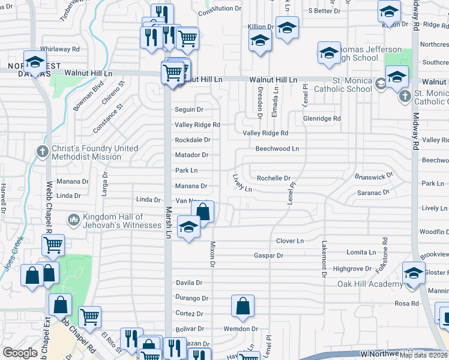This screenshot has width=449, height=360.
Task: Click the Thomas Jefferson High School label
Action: [367, 53]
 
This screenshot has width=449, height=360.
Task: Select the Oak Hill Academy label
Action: [370, 284]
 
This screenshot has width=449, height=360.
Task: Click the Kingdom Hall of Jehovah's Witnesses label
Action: [113, 221]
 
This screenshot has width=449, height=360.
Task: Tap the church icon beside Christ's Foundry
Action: [42, 151]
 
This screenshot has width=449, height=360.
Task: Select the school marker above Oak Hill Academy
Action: [414, 273]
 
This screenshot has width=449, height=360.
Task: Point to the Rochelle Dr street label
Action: [274, 178]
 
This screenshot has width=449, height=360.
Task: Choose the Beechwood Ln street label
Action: [277, 148]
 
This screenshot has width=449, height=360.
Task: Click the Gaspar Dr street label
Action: [268, 255]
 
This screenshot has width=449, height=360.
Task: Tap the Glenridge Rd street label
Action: [322, 118]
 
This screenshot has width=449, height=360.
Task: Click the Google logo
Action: [20, 353]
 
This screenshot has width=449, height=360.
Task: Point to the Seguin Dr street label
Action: [189, 109]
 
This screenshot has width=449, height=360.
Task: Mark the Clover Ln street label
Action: [290, 241]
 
